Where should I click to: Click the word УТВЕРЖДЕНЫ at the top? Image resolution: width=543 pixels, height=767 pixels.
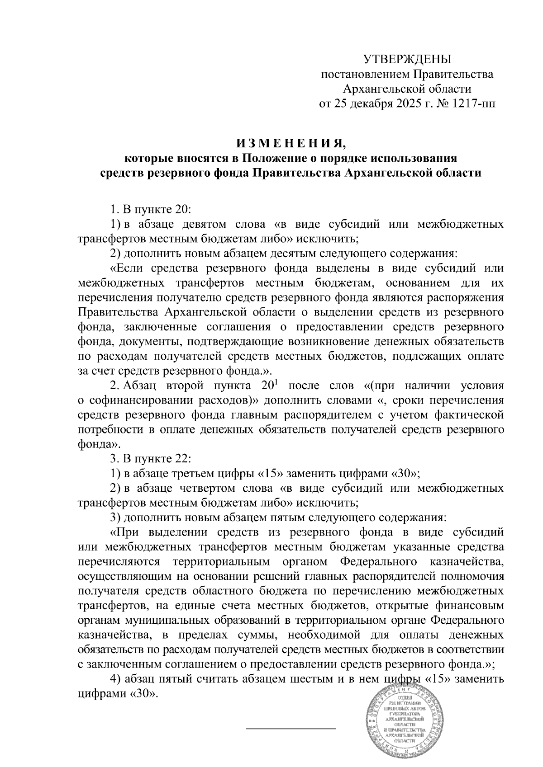(x=408, y=59)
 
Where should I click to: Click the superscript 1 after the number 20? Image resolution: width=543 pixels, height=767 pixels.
(x=276, y=382)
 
